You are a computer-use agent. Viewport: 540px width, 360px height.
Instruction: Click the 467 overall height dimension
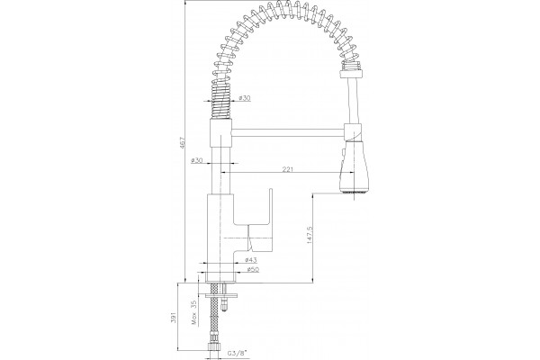[183, 143]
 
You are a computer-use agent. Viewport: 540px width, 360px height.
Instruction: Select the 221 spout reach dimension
[288, 169]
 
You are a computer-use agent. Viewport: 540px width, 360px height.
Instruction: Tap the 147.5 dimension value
[309, 235]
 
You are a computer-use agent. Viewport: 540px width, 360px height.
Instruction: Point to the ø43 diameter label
[251, 259]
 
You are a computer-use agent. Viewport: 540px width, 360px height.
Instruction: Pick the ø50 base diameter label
[253, 269]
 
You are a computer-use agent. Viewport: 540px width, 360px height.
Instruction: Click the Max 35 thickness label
[193, 312]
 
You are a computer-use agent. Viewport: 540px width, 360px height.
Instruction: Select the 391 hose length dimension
[173, 318]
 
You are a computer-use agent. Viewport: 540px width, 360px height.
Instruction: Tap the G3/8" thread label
[238, 353]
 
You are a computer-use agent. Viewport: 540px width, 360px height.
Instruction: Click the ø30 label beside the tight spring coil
[245, 98]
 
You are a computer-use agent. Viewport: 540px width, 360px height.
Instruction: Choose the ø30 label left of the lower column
[197, 160]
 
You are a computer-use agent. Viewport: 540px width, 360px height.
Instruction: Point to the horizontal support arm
[288, 132]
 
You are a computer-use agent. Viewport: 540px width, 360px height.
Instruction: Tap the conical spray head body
[354, 166]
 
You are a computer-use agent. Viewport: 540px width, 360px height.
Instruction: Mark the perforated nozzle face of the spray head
[354, 191]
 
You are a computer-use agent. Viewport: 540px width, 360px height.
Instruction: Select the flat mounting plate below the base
[221, 295]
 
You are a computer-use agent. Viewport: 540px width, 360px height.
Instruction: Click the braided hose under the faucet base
[214, 312]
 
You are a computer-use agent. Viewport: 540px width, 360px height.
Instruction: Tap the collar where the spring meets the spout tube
[352, 72]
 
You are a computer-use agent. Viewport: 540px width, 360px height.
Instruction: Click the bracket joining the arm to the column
[220, 133]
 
